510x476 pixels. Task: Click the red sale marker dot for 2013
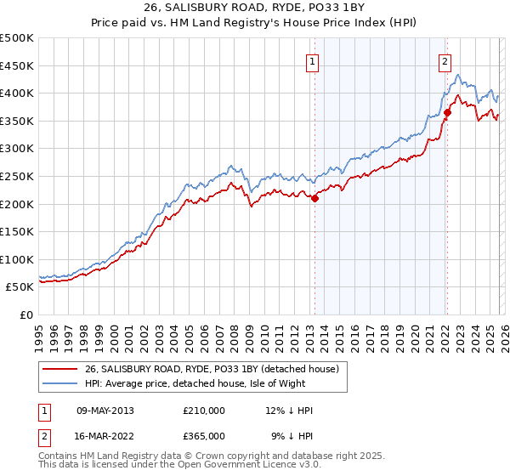[314, 198]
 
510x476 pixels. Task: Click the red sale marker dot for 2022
[447, 112]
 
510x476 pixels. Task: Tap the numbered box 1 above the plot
[313, 61]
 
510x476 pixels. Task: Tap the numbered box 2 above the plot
[445, 61]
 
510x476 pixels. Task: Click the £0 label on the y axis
[27, 314]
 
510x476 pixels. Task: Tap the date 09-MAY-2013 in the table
[105, 411]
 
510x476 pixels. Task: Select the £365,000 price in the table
[204, 436]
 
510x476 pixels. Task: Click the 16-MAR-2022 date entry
[105, 436]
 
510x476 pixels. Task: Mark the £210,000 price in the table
[204, 411]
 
